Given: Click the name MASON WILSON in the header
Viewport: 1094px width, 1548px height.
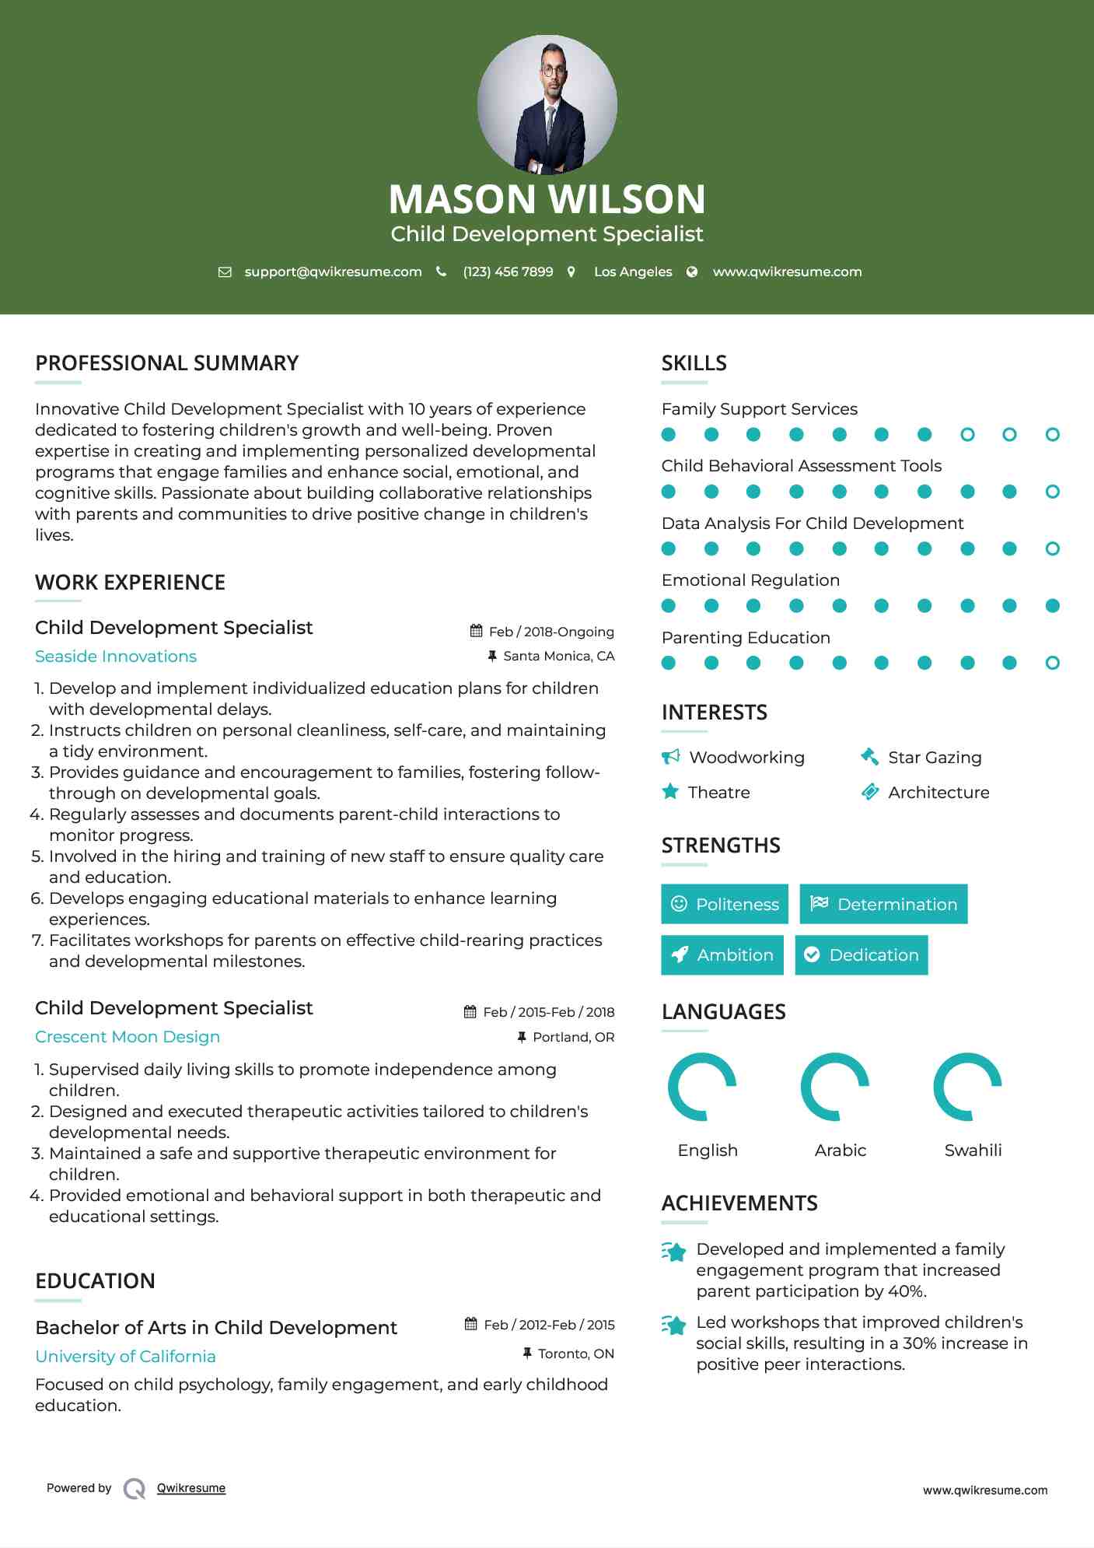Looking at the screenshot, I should (547, 199).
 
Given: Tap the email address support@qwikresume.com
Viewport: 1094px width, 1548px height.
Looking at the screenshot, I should (333, 271).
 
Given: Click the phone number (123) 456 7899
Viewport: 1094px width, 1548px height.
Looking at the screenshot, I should (508, 271).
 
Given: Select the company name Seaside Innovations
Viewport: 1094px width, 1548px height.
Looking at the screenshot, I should (116, 657).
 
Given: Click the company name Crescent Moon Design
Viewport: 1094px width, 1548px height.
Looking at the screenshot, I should (128, 1037).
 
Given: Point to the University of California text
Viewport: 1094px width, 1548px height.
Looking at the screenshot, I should (125, 1357).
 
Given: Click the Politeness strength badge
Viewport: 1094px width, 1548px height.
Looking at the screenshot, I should (725, 904).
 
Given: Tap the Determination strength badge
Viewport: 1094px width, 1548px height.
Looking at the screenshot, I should (883, 904).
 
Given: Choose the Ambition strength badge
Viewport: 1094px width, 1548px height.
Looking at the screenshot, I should (722, 955).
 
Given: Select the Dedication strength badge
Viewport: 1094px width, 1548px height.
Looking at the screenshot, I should (862, 955).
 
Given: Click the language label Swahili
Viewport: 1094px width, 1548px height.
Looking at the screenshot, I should (973, 1150).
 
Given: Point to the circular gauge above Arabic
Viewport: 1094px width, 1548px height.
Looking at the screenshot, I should (835, 1087).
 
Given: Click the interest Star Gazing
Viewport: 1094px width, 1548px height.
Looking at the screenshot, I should (935, 758).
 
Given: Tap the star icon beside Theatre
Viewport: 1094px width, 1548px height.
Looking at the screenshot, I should (670, 792).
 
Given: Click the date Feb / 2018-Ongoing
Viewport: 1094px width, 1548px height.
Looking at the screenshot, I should (551, 632).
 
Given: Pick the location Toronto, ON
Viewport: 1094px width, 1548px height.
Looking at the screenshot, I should (576, 1354).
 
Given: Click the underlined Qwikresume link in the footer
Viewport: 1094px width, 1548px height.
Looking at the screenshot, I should (191, 1488).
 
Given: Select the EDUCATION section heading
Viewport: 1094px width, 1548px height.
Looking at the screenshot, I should (95, 1281).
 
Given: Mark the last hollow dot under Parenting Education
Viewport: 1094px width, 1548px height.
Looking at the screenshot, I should (1053, 663).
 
